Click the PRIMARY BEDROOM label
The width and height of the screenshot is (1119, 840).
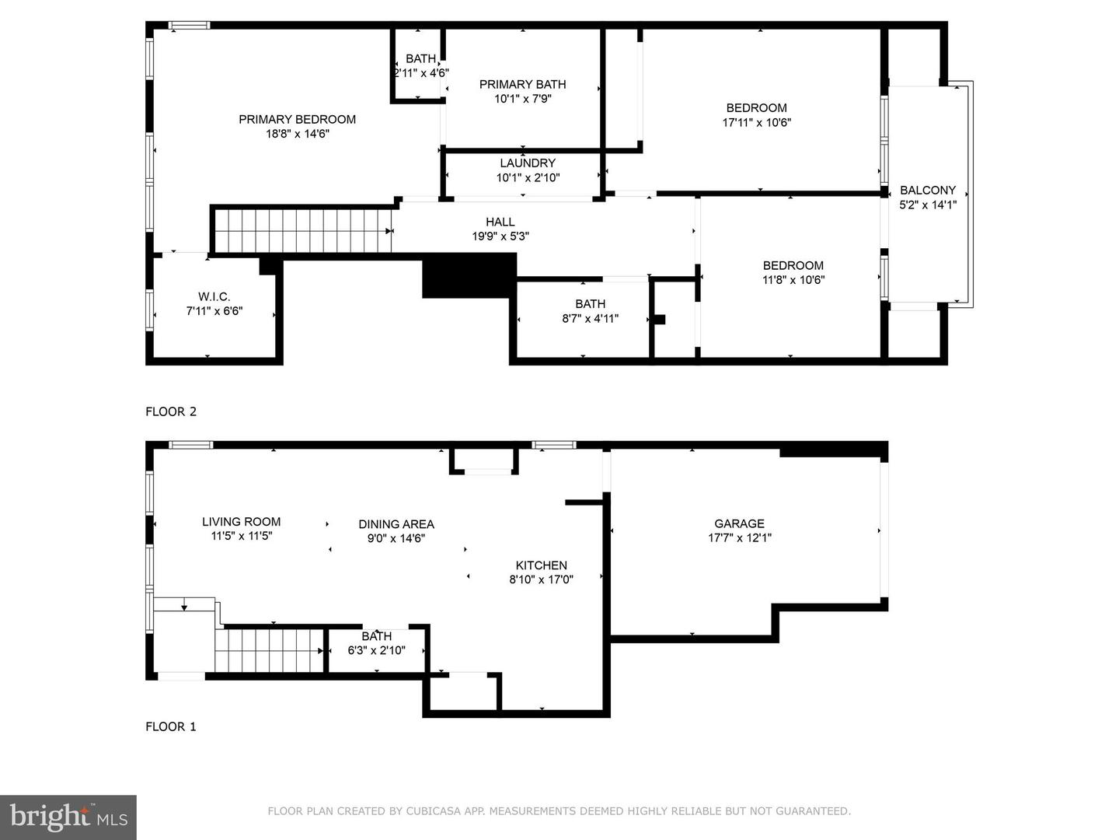click(297, 119)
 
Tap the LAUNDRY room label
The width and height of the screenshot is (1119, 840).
click(528, 163)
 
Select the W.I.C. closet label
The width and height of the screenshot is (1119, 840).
click(214, 297)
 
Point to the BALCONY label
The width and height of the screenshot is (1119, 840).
click(927, 191)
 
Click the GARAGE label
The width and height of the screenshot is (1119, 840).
click(739, 523)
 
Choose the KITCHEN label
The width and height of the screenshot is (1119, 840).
click(542, 565)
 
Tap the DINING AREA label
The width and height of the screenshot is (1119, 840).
click(396, 523)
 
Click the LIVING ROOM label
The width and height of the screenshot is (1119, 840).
click(241, 522)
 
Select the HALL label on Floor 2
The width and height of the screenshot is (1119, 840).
click(500, 222)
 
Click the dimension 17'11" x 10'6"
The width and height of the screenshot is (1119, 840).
click(757, 122)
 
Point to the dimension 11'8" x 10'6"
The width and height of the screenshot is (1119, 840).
click(793, 280)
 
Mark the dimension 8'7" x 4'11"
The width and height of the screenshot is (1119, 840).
click(591, 319)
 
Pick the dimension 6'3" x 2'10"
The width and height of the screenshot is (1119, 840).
click(377, 650)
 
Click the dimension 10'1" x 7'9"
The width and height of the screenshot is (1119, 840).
click(523, 99)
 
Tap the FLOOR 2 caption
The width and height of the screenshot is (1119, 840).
click(171, 411)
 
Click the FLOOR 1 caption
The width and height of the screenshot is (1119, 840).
click(171, 726)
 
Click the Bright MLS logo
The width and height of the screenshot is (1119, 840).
click(68, 817)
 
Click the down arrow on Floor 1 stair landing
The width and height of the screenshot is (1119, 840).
click(184, 605)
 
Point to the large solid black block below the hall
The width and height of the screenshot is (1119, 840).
click(469, 275)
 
